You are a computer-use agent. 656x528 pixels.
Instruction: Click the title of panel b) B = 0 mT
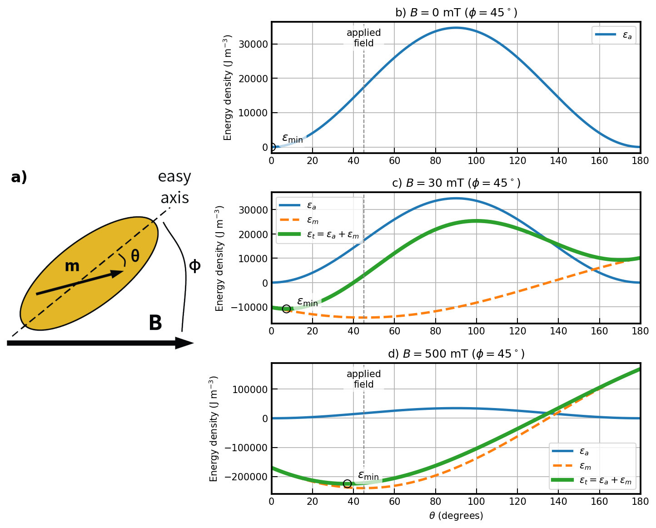[x=456, y=12]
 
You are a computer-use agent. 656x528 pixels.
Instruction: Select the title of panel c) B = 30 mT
[x=456, y=183]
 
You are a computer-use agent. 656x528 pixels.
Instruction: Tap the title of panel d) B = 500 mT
[x=456, y=354]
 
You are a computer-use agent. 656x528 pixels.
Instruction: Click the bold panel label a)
[x=19, y=177]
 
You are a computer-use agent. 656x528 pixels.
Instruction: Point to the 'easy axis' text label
[x=174, y=187]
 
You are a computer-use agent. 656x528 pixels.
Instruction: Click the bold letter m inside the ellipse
[x=72, y=266]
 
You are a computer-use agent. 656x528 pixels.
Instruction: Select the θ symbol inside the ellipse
[x=135, y=256]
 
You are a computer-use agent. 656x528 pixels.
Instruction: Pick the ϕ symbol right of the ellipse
[x=194, y=265]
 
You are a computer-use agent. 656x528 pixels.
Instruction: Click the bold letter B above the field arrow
[x=155, y=323]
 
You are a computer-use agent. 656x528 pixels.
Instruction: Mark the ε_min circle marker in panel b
[x=272, y=147]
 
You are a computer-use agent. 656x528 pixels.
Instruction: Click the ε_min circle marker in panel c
[x=286, y=309]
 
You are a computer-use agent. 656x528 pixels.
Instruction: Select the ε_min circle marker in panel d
[x=347, y=484]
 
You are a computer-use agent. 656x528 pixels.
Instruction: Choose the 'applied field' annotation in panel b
[x=363, y=38]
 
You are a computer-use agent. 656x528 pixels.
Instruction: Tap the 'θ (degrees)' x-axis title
[x=456, y=516]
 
